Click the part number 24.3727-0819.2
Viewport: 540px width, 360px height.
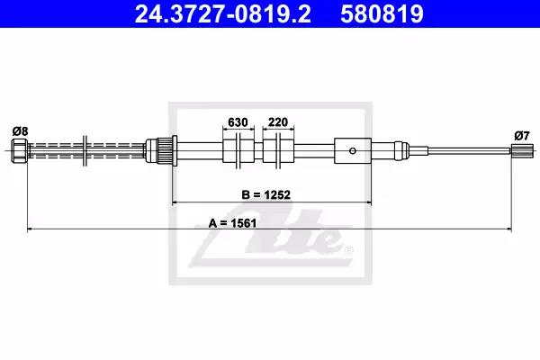pos(223,13)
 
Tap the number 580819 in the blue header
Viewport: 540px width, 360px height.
pos(382,13)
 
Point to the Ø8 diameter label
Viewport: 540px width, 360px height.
pos(20,131)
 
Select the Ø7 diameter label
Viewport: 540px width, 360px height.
pos(522,136)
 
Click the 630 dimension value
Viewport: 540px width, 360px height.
pos(238,122)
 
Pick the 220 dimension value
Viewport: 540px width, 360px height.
pos(277,122)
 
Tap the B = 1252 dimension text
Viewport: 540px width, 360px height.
pos(265,194)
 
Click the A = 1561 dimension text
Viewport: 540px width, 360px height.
pos(232,223)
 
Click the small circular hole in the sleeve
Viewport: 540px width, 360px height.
pos(352,150)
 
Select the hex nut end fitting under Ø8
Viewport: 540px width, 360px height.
pos(19,150)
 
